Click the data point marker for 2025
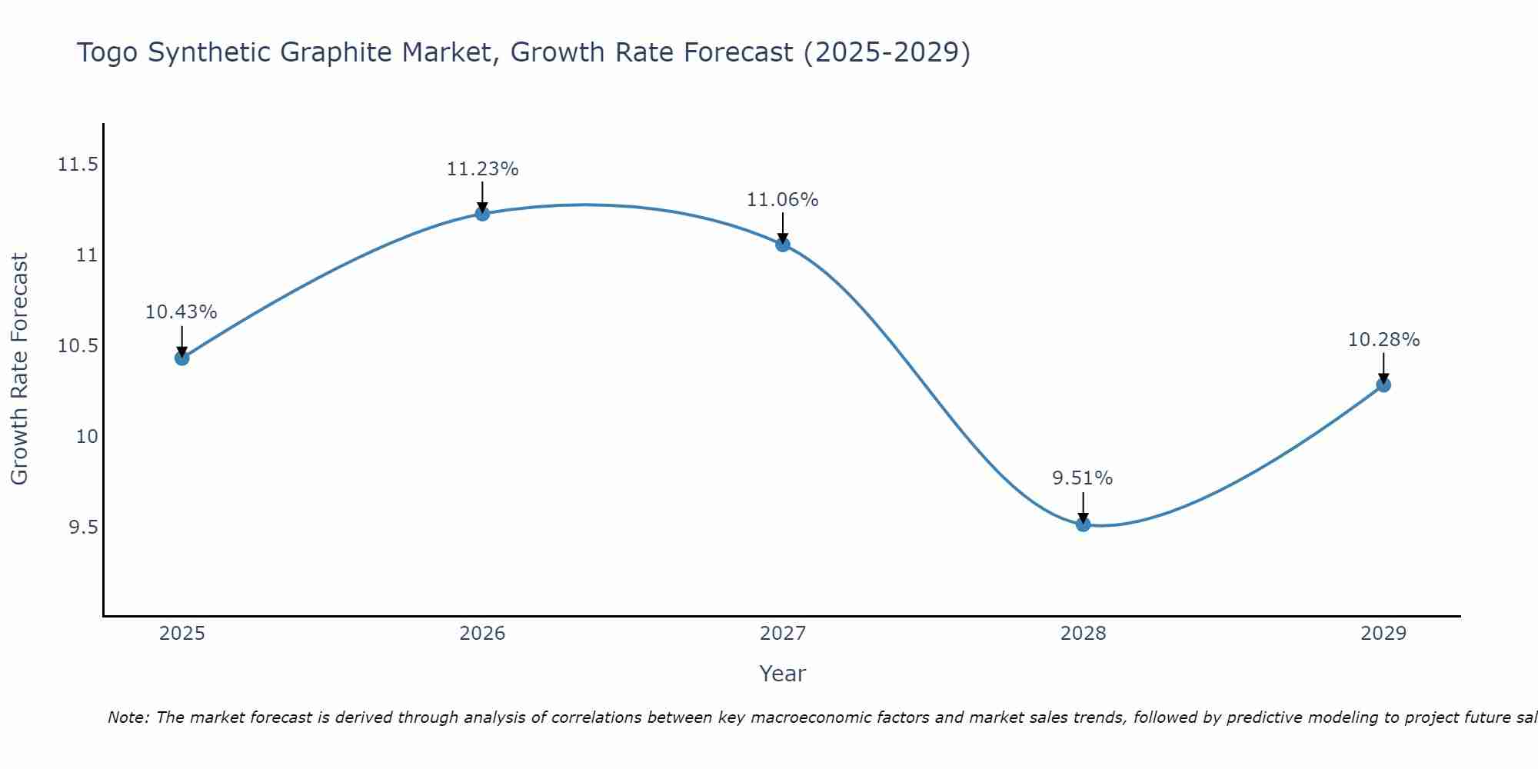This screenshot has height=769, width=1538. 181,358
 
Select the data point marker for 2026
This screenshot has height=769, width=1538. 482,213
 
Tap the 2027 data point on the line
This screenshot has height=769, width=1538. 783,245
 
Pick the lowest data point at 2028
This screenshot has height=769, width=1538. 1083,524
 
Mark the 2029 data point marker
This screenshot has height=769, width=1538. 1383,384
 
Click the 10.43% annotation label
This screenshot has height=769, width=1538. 181,312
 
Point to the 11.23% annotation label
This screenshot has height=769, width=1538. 482,169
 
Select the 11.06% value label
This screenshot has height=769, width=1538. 783,200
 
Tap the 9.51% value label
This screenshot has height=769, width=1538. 1083,478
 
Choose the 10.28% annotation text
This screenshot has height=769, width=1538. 1383,340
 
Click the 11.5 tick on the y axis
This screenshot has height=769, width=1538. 78,165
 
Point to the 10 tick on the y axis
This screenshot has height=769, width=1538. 87,437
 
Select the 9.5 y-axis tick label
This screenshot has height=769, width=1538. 83,528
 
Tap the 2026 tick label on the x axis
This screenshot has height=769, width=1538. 482,634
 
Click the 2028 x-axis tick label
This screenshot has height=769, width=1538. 1083,634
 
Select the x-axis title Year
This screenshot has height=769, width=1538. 782,674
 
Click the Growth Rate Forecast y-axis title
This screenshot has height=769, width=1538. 19,369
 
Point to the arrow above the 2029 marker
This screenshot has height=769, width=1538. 1383,367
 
